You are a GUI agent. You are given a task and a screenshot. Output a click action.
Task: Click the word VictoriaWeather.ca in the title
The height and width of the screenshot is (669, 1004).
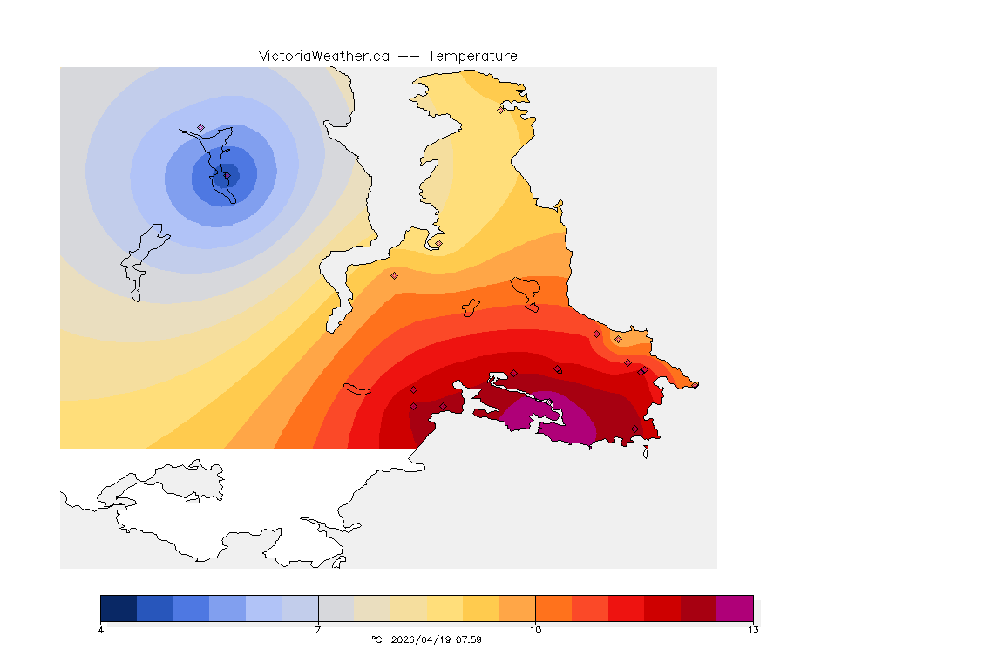click(323, 56)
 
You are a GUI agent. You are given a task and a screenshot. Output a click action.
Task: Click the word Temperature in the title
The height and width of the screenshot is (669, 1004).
click(472, 56)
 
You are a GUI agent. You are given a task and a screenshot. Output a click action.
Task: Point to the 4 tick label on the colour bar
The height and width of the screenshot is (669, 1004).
click(101, 630)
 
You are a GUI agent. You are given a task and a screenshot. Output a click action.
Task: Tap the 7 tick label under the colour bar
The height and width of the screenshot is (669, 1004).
click(318, 630)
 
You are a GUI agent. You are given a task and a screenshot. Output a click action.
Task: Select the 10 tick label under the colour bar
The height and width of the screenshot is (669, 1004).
click(535, 630)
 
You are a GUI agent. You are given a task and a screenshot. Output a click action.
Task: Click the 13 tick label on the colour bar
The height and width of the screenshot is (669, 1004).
click(752, 630)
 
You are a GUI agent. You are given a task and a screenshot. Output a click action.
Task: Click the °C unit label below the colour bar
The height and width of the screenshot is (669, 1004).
click(376, 639)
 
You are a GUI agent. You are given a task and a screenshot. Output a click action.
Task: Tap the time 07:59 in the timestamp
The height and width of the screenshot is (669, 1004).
click(470, 639)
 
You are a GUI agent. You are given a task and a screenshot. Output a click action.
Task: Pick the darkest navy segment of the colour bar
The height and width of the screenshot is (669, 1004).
click(119, 607)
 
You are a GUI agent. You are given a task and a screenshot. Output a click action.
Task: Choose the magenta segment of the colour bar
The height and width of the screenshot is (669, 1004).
click(735, 607)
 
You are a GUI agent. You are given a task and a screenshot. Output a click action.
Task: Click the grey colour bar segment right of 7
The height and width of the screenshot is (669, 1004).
click(336, 607)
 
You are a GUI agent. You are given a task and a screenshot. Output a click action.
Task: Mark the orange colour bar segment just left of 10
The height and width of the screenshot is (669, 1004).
click(517, 607)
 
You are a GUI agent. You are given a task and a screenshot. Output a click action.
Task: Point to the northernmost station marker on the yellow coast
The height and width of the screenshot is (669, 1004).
click(500, 110)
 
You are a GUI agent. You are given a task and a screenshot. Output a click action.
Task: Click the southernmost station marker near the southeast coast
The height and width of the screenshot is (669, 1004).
click(634, 429)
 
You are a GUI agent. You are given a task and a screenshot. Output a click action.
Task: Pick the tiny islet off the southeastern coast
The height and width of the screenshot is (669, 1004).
click(646, 451)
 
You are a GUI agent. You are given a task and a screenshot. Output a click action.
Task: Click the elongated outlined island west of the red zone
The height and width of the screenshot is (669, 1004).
click(357, 388)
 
